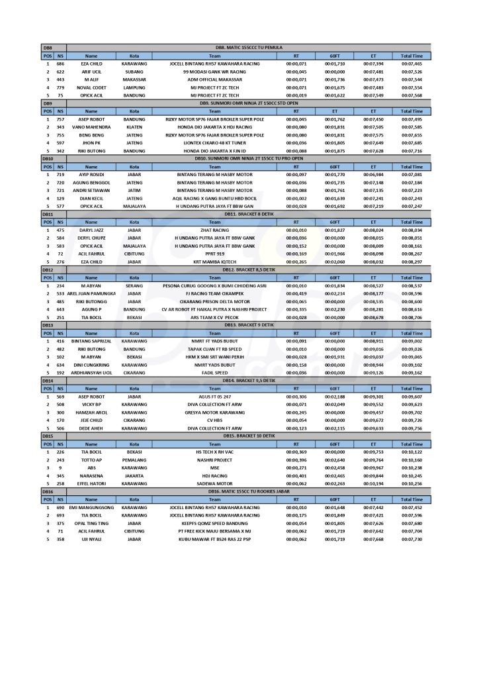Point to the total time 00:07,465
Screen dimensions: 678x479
click(x=412, y=64)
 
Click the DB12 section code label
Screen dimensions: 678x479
click(x=48, y=270)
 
